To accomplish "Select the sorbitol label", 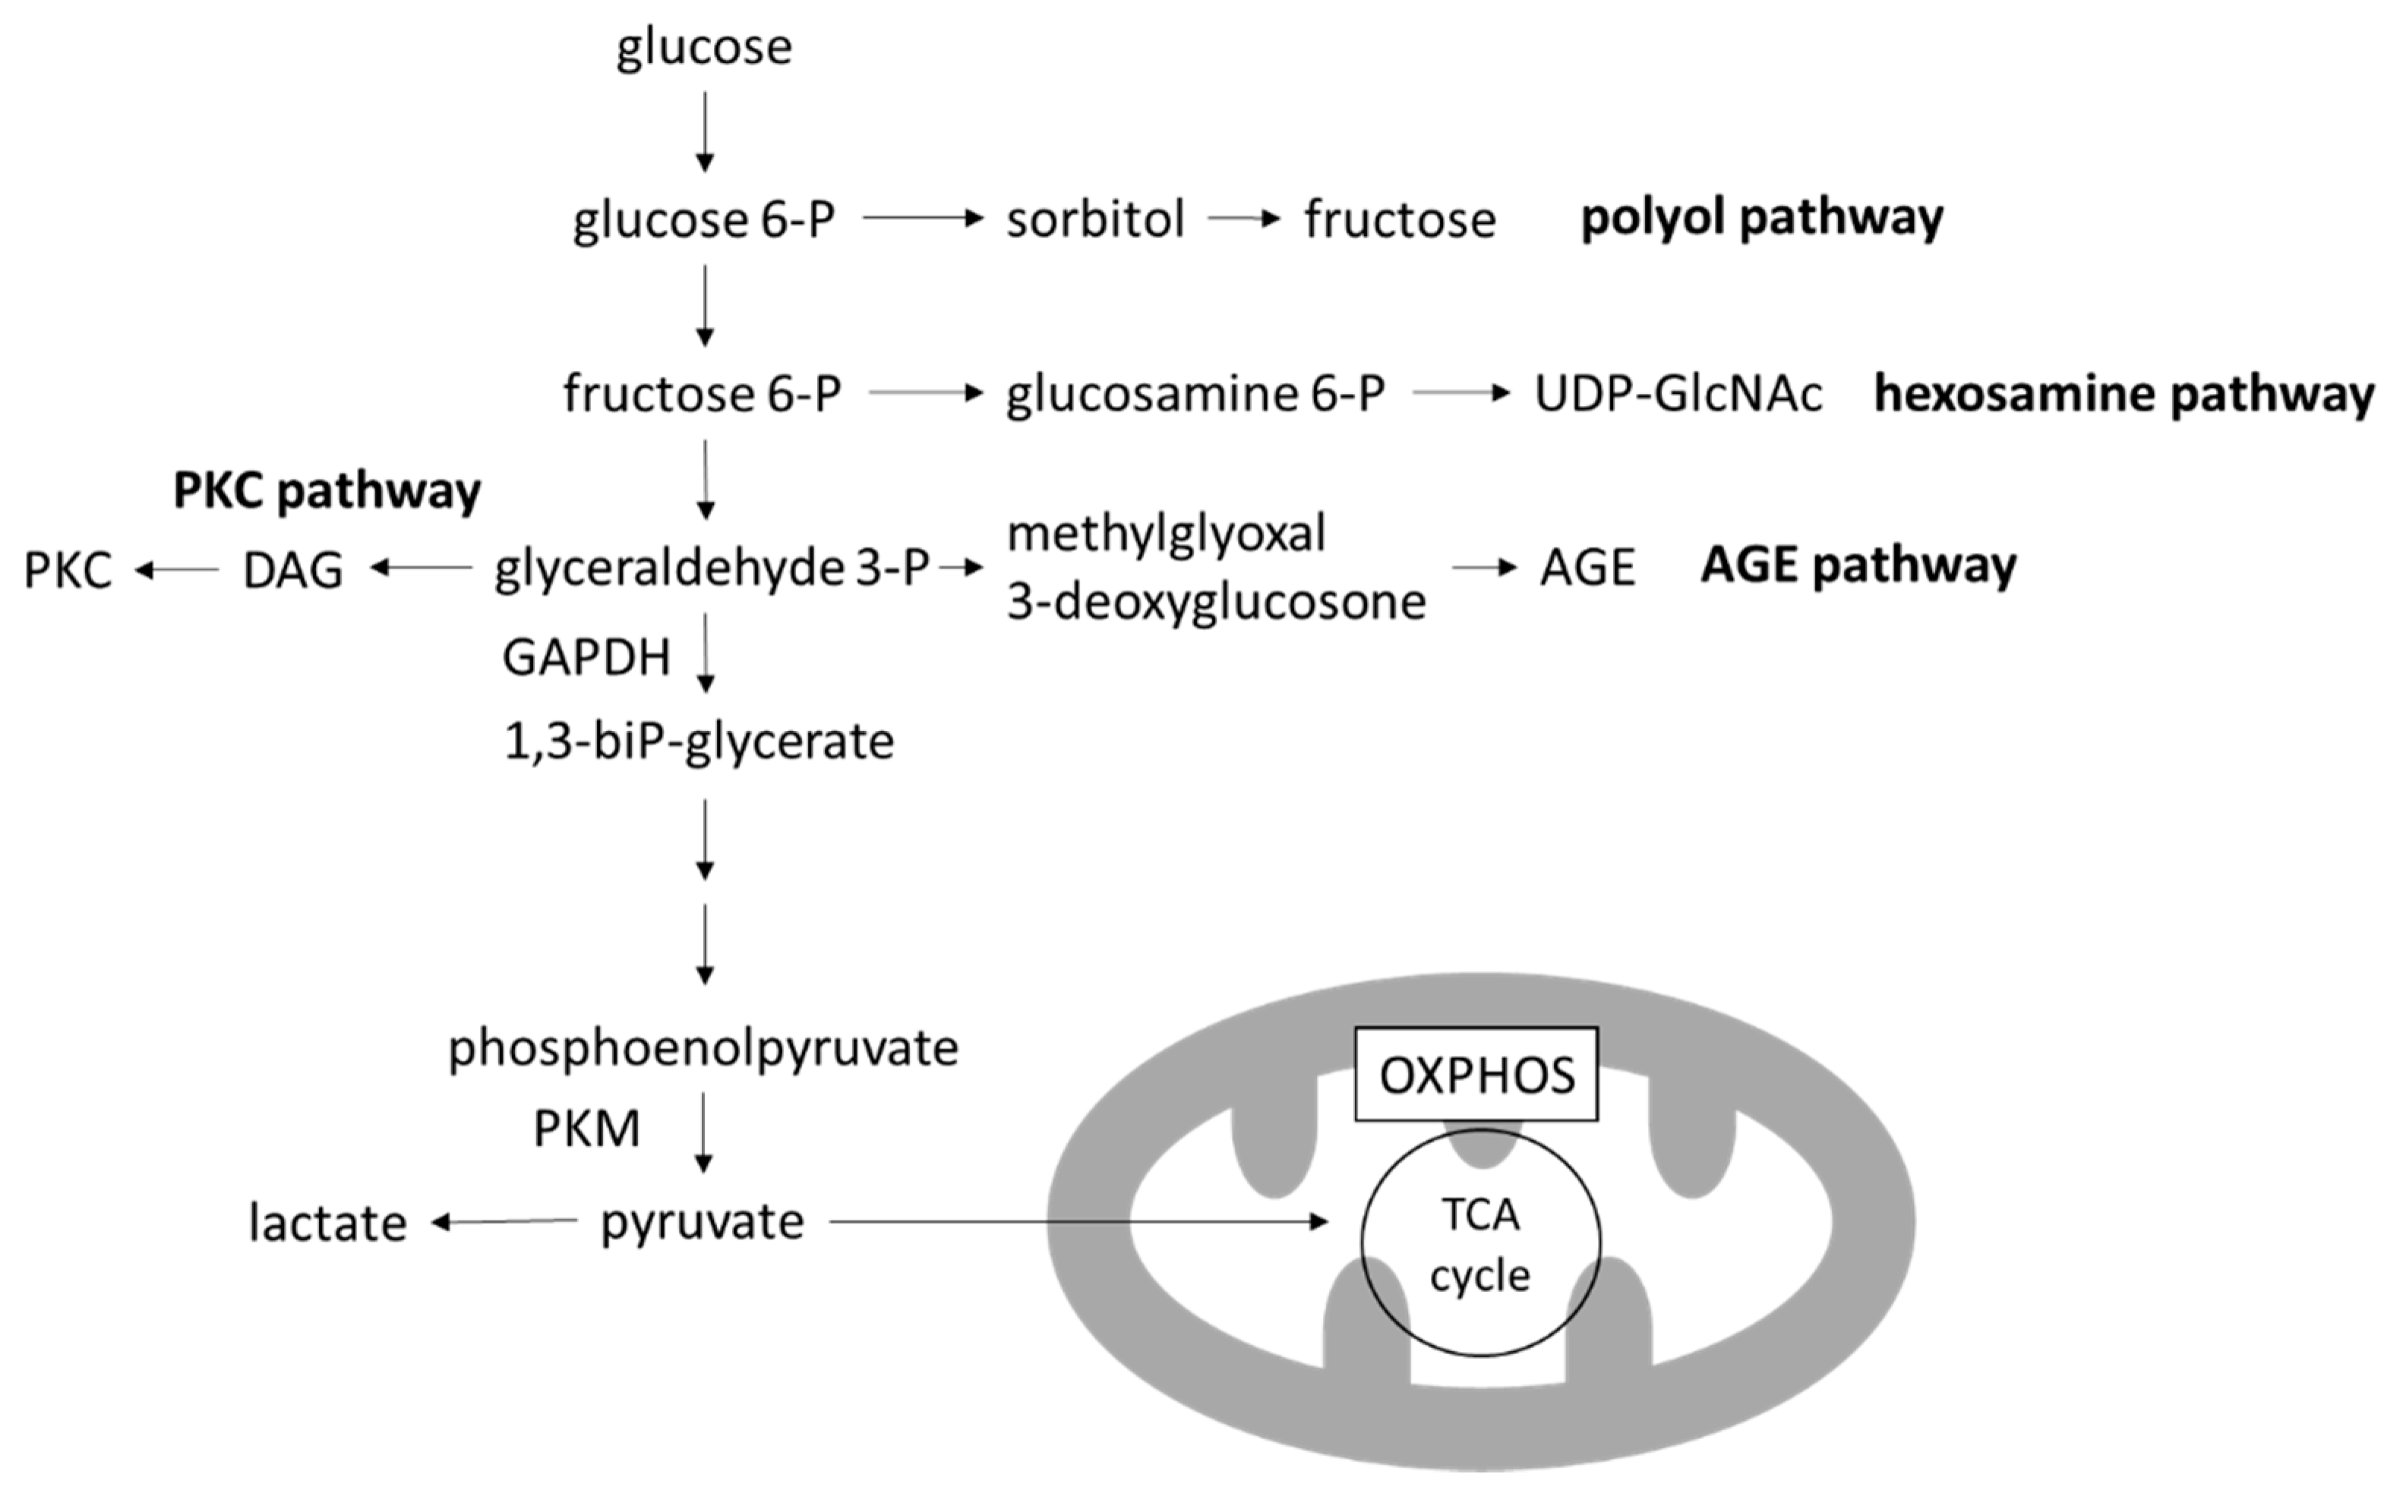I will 1094,219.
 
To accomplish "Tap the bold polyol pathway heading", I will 1762,216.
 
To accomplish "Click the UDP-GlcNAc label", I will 1678,394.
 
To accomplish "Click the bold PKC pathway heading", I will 327,490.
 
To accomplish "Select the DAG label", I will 293,570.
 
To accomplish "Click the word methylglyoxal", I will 1166,534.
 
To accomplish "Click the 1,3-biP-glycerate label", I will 699,741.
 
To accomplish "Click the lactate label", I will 327,1223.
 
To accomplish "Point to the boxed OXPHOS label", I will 1476,1076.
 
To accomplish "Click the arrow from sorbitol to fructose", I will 1243,218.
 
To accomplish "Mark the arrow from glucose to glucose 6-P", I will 704,131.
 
